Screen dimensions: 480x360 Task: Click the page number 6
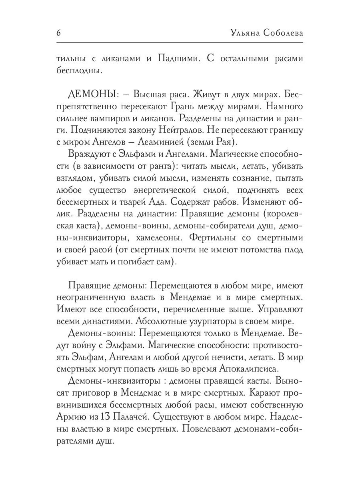(58, 33)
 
